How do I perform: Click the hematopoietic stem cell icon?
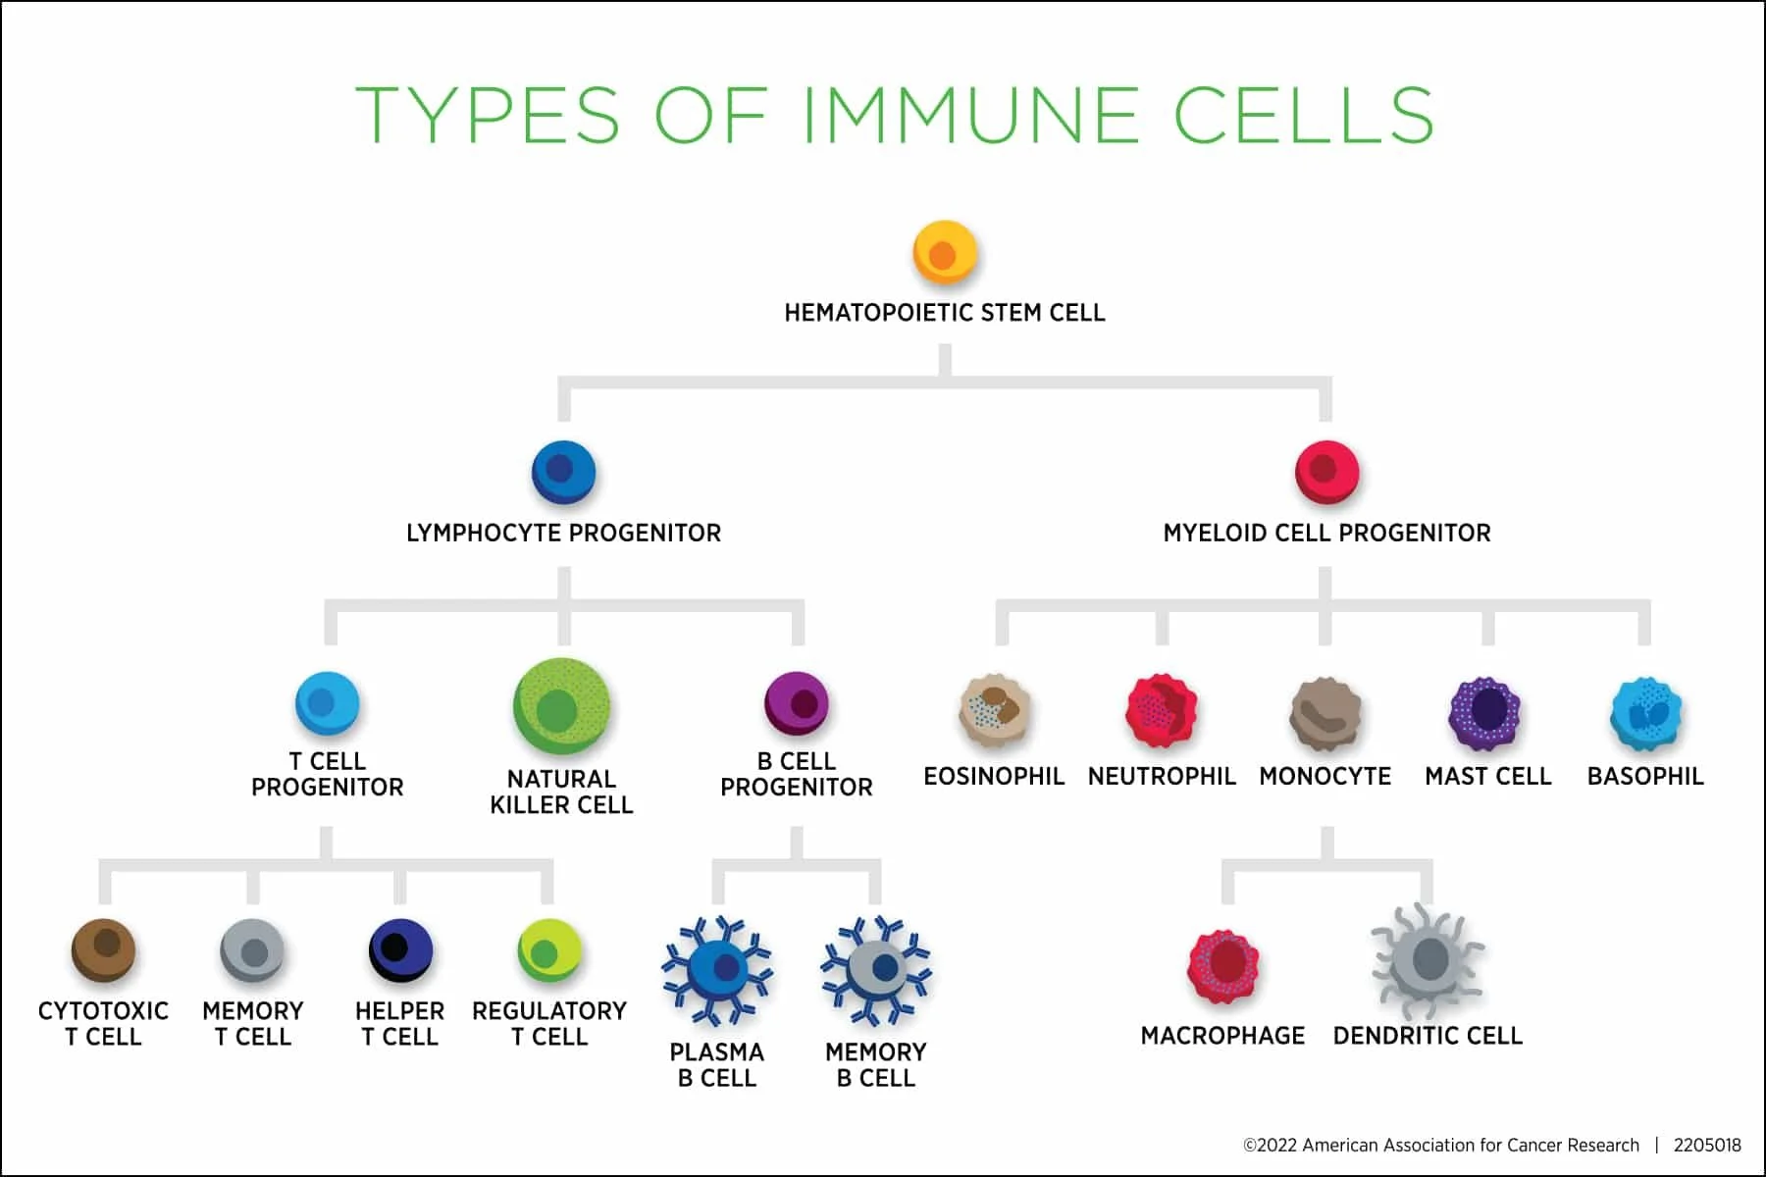click(x=945, y=252)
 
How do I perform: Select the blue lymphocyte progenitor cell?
click(x=563, y=472)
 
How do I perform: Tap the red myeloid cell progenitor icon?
click(x=1326, y=472)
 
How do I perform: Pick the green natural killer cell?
click(x=561, y=707)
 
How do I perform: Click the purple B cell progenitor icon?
click(x=797, y=702)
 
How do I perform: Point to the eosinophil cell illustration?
click(x=995, y=709)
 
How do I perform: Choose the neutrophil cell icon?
click(x=1162, y=709)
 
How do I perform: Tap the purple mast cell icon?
click(x=1485, y=712)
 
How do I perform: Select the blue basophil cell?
click(x=1645, y=713)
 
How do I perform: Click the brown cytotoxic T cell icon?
click(x=104, y=949)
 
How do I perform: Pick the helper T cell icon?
click(x=400, y=949)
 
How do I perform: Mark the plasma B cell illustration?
click(x=717, y=969)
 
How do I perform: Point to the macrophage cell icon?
click(x=1222, y=966)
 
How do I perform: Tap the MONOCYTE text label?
click(x=1324, y=777)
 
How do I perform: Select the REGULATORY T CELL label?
click(x=549, y=1023)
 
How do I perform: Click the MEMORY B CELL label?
click(x=875, y=1064)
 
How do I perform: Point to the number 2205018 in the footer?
click(x=1707, y=1145)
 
